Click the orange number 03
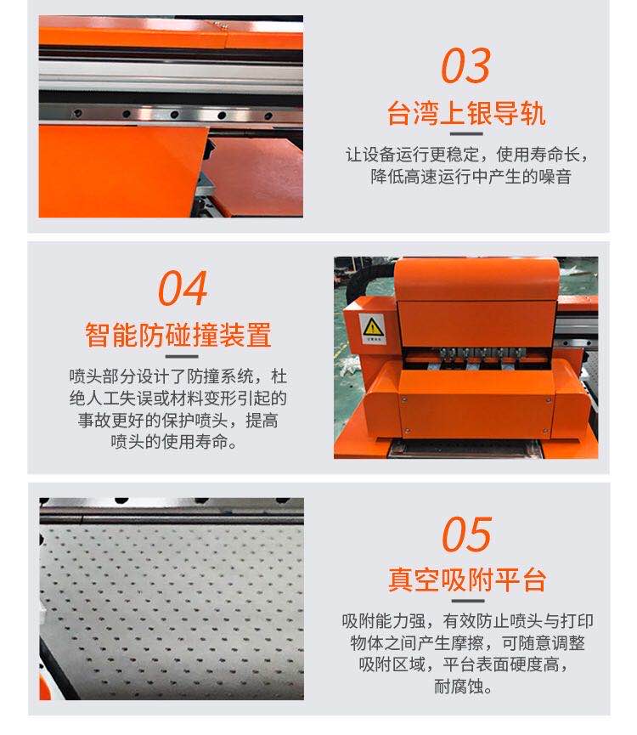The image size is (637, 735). (465, 65)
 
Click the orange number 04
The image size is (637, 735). (183, 288)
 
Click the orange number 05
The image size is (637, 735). (466, 534)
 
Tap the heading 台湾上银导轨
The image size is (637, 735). (466, 114)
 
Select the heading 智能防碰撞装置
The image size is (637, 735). (178, 335)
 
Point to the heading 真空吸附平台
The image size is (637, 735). (467, 580)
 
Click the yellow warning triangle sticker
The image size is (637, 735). (373, 326)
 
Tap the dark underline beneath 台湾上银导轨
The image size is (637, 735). (466, 134)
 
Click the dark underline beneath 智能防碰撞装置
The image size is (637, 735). (182, 357)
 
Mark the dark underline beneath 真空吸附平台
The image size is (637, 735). (467, 601)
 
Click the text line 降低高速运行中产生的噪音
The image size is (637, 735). (471, 177)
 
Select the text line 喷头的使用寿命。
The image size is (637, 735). (174, 442)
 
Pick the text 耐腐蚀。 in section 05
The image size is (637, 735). (463, 687)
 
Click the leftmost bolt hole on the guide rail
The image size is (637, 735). (78, 113)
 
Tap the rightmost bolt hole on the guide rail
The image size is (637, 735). (268, 116)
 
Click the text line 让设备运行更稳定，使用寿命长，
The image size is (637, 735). (467, 154)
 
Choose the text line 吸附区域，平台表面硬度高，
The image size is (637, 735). (464, 664)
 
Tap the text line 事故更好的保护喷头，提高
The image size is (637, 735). (178, 420)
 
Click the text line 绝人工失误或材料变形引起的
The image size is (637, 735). (178, 398)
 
